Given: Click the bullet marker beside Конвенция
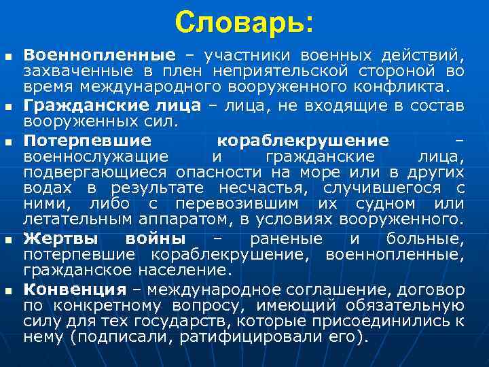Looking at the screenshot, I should [x=8, y=292].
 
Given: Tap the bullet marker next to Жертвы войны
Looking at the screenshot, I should [x=8, y=241].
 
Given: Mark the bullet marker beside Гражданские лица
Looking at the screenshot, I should [x=8, y=107].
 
